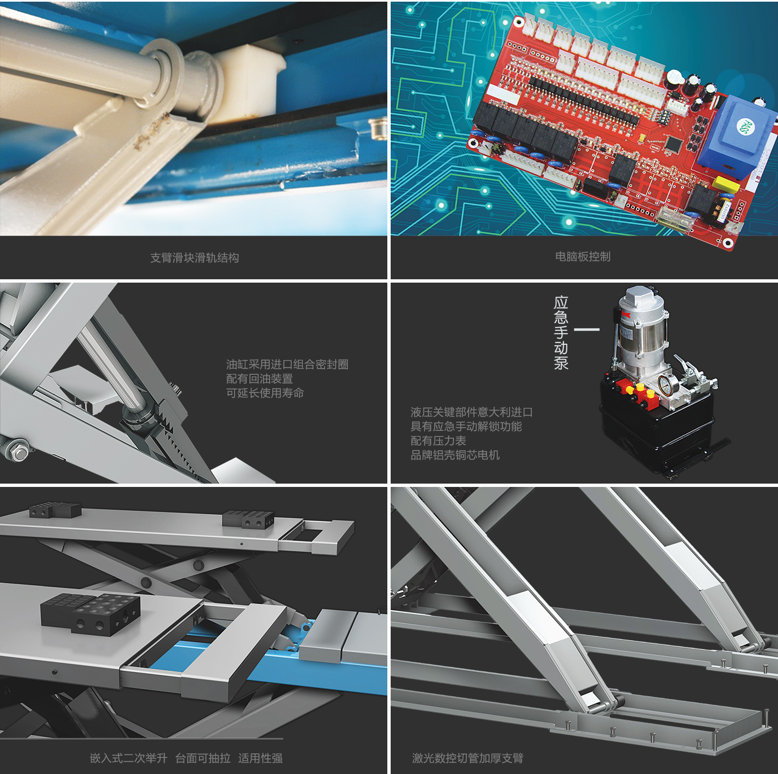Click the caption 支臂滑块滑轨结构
click(194, 258)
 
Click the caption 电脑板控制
click(582, 257)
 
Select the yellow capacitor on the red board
click(726, 184)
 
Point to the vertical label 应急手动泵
click(561, 333)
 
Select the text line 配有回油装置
click(259, 379)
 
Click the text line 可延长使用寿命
click(265, 393)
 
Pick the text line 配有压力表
click(438, 441)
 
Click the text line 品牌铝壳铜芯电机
click(455, 455)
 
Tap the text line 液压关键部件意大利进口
click(472, 412)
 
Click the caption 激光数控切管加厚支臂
click(467, 758)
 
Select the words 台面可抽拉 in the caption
click(203, 758)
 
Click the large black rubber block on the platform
click(91, 614)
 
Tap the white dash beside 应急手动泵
click(586, 329)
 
